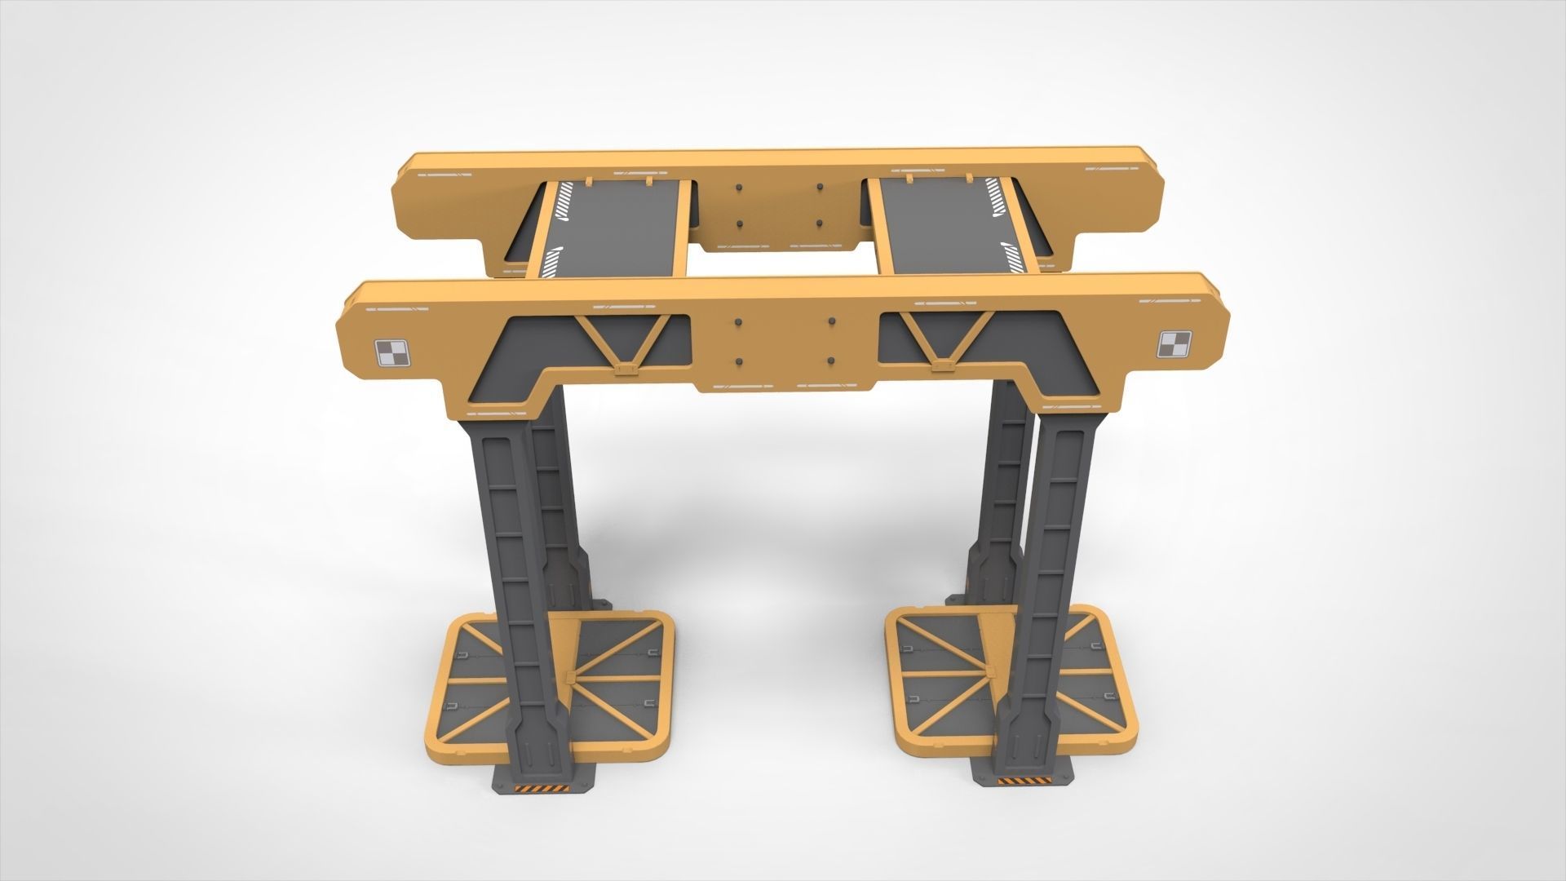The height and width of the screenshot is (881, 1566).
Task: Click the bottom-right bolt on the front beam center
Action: coord(830,360)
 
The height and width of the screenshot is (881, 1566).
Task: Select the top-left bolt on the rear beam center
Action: coord(739,188)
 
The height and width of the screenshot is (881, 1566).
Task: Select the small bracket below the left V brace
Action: coord(626,372)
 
